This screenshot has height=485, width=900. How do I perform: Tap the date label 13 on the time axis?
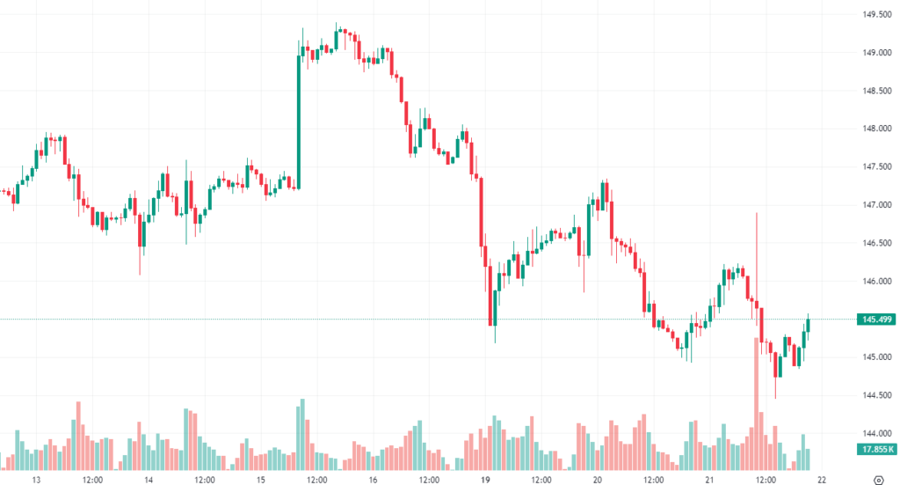coord(37,480)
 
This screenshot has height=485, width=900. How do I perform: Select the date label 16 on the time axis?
coord(373,480)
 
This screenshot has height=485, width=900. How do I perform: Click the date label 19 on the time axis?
coord(485,480)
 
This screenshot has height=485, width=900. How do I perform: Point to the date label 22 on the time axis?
coord(822,480)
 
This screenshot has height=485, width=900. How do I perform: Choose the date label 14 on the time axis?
coord(149,480)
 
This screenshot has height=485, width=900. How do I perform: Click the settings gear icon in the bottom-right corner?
coord(880,479)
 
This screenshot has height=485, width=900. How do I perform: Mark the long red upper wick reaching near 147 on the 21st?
coord(756,255)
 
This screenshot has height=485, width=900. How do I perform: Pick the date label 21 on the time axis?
coord(709,480)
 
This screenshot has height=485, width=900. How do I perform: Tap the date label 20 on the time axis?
coord(597,480)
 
